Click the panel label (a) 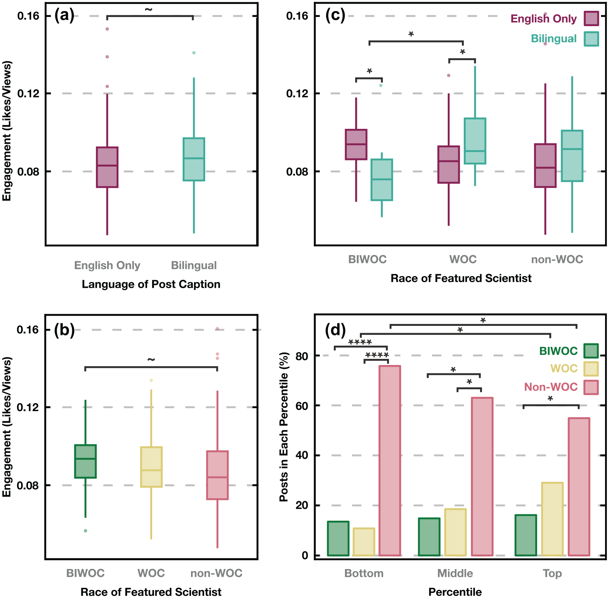(64, 16)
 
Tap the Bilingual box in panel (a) (194, 159)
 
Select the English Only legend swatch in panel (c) (591, 19)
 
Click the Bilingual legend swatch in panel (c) (591, 39)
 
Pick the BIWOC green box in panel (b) (85, 461)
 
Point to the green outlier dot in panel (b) (86, 531)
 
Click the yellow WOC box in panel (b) (151, 467)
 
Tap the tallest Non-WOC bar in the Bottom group (390, 460)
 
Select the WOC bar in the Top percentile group (552, 519)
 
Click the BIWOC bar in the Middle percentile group (429, 537)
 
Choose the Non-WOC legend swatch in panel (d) (591, 387)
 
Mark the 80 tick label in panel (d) (302, 356)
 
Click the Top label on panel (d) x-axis (552, 573)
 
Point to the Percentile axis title (455, 592)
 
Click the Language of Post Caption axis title (151, 284)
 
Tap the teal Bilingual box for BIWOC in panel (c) (382, 180)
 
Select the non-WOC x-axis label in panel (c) (557, 259)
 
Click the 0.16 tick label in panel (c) (297, 16)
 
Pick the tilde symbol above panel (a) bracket (149, 10)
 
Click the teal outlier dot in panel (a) (194, 53)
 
